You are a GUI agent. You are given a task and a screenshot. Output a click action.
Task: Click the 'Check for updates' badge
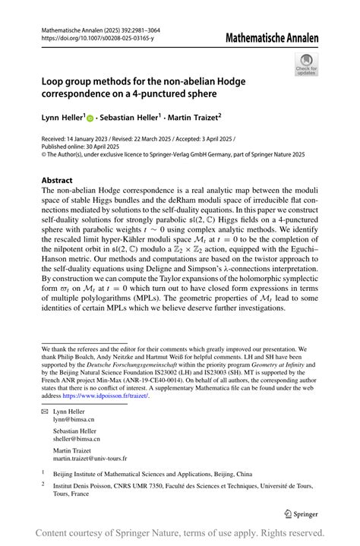[x=306, y=64]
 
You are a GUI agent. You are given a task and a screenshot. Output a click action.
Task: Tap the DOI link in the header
[x=96, y=38]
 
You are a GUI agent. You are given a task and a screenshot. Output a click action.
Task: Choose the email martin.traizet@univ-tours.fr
[x=90, y=459]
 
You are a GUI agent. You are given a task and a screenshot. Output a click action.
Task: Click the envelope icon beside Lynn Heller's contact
[x=45, y=410]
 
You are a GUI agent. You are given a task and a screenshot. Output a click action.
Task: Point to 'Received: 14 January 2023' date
[x=81, y=140]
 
